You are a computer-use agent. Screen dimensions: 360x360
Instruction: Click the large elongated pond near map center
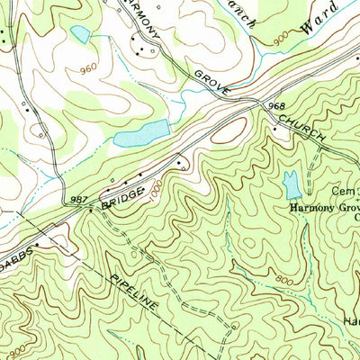[141, 133]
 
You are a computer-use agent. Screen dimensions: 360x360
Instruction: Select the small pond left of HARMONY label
[81, 34]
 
